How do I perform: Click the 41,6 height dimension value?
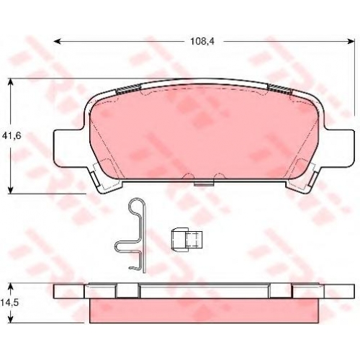click(x=12, y=136)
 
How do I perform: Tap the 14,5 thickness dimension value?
click(x=9, y=302)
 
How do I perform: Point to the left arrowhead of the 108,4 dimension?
click(x=57, y=42)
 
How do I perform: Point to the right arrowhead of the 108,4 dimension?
click(x=351, y=42)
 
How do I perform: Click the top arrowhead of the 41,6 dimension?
click(x=10, y=81)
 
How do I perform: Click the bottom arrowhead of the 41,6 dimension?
click(x=10, y=190)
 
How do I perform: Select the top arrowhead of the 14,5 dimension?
click(x=10, y=287)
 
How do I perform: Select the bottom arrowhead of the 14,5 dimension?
click(x=10, y=320)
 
